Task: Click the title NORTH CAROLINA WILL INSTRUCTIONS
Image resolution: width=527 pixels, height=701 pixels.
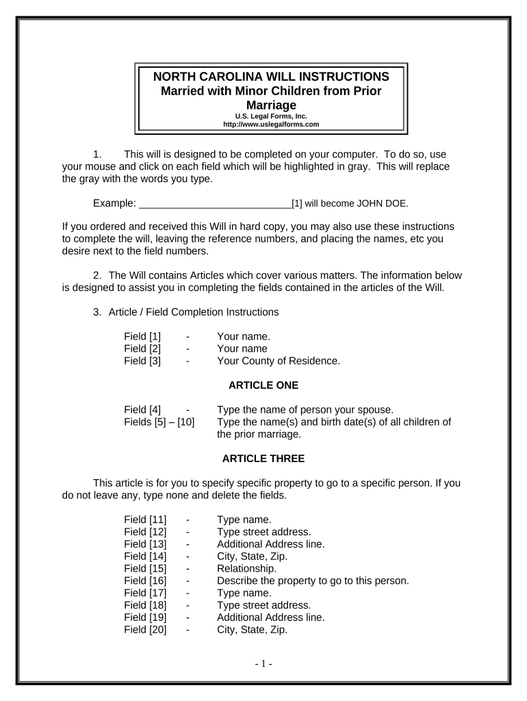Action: pyautogui.click(x=271, y=77)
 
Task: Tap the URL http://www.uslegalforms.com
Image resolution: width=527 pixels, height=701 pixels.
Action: pyautogui.click(x=271, y=125)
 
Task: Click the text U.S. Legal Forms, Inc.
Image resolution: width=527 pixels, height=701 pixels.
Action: pyautogui.click(x=271, y=116)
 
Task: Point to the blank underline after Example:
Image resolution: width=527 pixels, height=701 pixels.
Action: pyautogui.click(x=215, y=203)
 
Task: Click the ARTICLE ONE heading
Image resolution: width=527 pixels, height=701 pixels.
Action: pyautogui.click(x=263, y=385)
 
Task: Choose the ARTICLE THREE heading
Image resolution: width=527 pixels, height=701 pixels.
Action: pyautogui.click(x=263, y=458)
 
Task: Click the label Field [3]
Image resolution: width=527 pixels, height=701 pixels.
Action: pyautogui.click(x=142, y=361)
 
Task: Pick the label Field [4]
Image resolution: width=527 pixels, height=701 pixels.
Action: pyautogui.click(x=142, y=410)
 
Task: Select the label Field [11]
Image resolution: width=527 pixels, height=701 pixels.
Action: pyautogui.click(x=145, y=520)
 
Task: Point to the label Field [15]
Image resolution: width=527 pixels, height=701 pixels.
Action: pyautogui.click(x=145, y=568)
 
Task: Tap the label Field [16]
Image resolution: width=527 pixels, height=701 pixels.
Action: pyautogui.click(x=145, y=581)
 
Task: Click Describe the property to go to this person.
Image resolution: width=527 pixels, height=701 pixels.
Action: pyautogui.click(x=313, y=581)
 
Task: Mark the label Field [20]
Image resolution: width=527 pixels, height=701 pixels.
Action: pyautogui.click(x=145, y=629)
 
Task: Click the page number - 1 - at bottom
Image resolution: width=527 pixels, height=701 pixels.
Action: pyautogui.click(x=263, y=663)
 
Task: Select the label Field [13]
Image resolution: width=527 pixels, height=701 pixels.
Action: pyautogui.click(x=145, y=544)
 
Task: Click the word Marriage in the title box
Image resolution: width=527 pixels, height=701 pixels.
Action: pyautogui.click(x=271, y=105)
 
